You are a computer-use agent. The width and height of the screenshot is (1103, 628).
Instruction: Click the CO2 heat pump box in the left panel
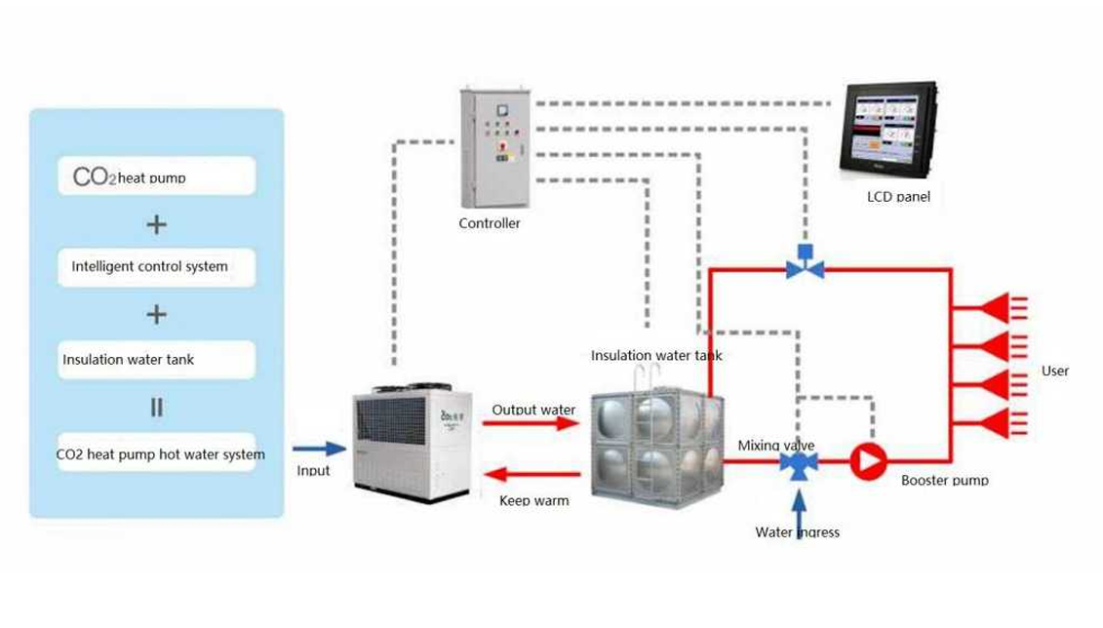coord(156,177)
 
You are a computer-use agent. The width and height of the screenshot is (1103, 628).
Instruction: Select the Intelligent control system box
coord(156,266)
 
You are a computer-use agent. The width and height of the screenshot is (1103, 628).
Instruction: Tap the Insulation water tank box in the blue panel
coord(156,359)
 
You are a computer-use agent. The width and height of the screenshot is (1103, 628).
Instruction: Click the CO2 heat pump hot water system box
coord(156,453)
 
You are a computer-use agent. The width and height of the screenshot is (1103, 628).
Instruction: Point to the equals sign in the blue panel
coord(156,408)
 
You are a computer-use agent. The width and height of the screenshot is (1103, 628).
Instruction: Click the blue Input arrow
coord(320,449)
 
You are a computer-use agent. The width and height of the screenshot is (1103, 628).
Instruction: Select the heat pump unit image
coord(411,443)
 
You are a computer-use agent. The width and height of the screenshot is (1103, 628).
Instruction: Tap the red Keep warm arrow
coord(532,475)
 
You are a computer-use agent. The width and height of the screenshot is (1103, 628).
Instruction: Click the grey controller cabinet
coord(494,148)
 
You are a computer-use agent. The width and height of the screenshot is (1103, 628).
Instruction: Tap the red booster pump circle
coord(867,461)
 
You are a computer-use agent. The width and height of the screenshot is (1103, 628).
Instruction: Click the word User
coord(1054,371)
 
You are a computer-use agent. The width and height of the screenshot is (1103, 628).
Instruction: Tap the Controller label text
coord(489,223)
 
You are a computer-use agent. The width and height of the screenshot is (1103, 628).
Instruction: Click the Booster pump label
coord(944,480)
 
